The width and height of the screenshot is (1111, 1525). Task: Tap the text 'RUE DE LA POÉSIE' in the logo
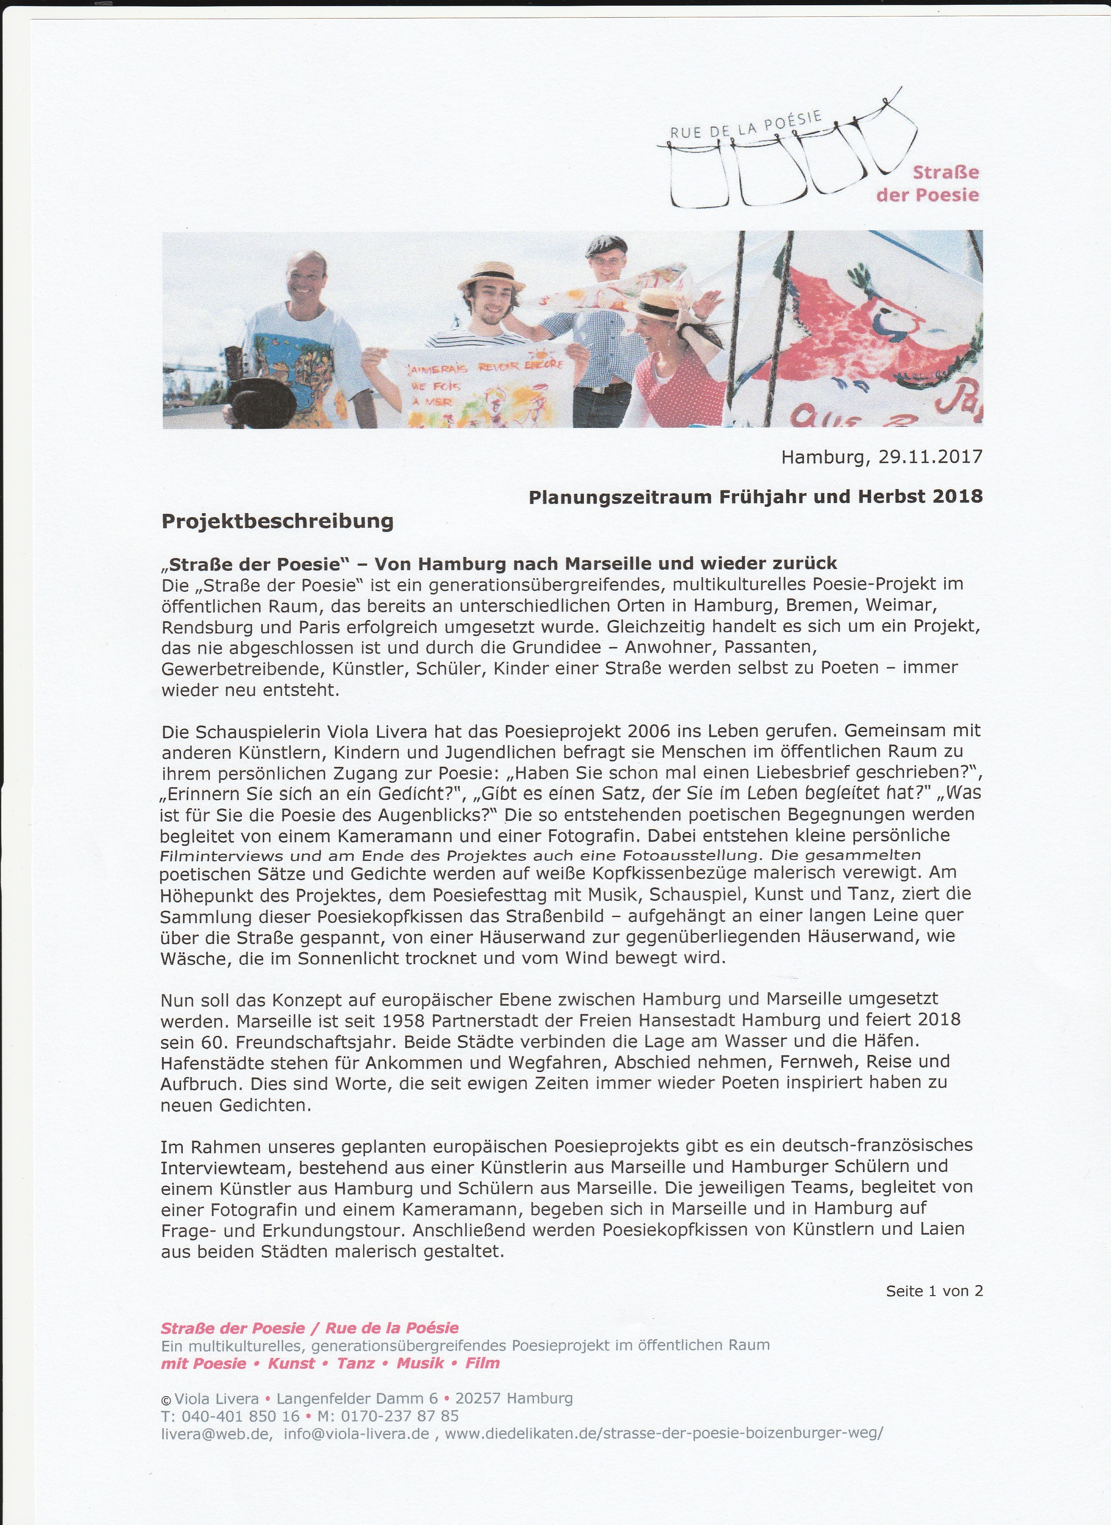[745, 125]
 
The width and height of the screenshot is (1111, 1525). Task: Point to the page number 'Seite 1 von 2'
[934, 1290]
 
